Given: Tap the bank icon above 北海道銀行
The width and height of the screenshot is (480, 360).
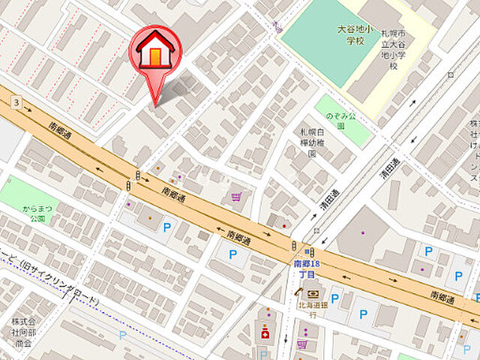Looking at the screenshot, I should (x=312, y=293).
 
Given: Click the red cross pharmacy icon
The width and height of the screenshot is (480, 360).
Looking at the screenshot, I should (x=264, y=332).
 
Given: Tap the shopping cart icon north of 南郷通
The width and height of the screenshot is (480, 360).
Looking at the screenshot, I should (x=236, y=197).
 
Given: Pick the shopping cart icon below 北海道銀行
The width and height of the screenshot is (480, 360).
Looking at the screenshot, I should (x=302, y=344).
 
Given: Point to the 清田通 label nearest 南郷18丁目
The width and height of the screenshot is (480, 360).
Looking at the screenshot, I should (x=318, y=217).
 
